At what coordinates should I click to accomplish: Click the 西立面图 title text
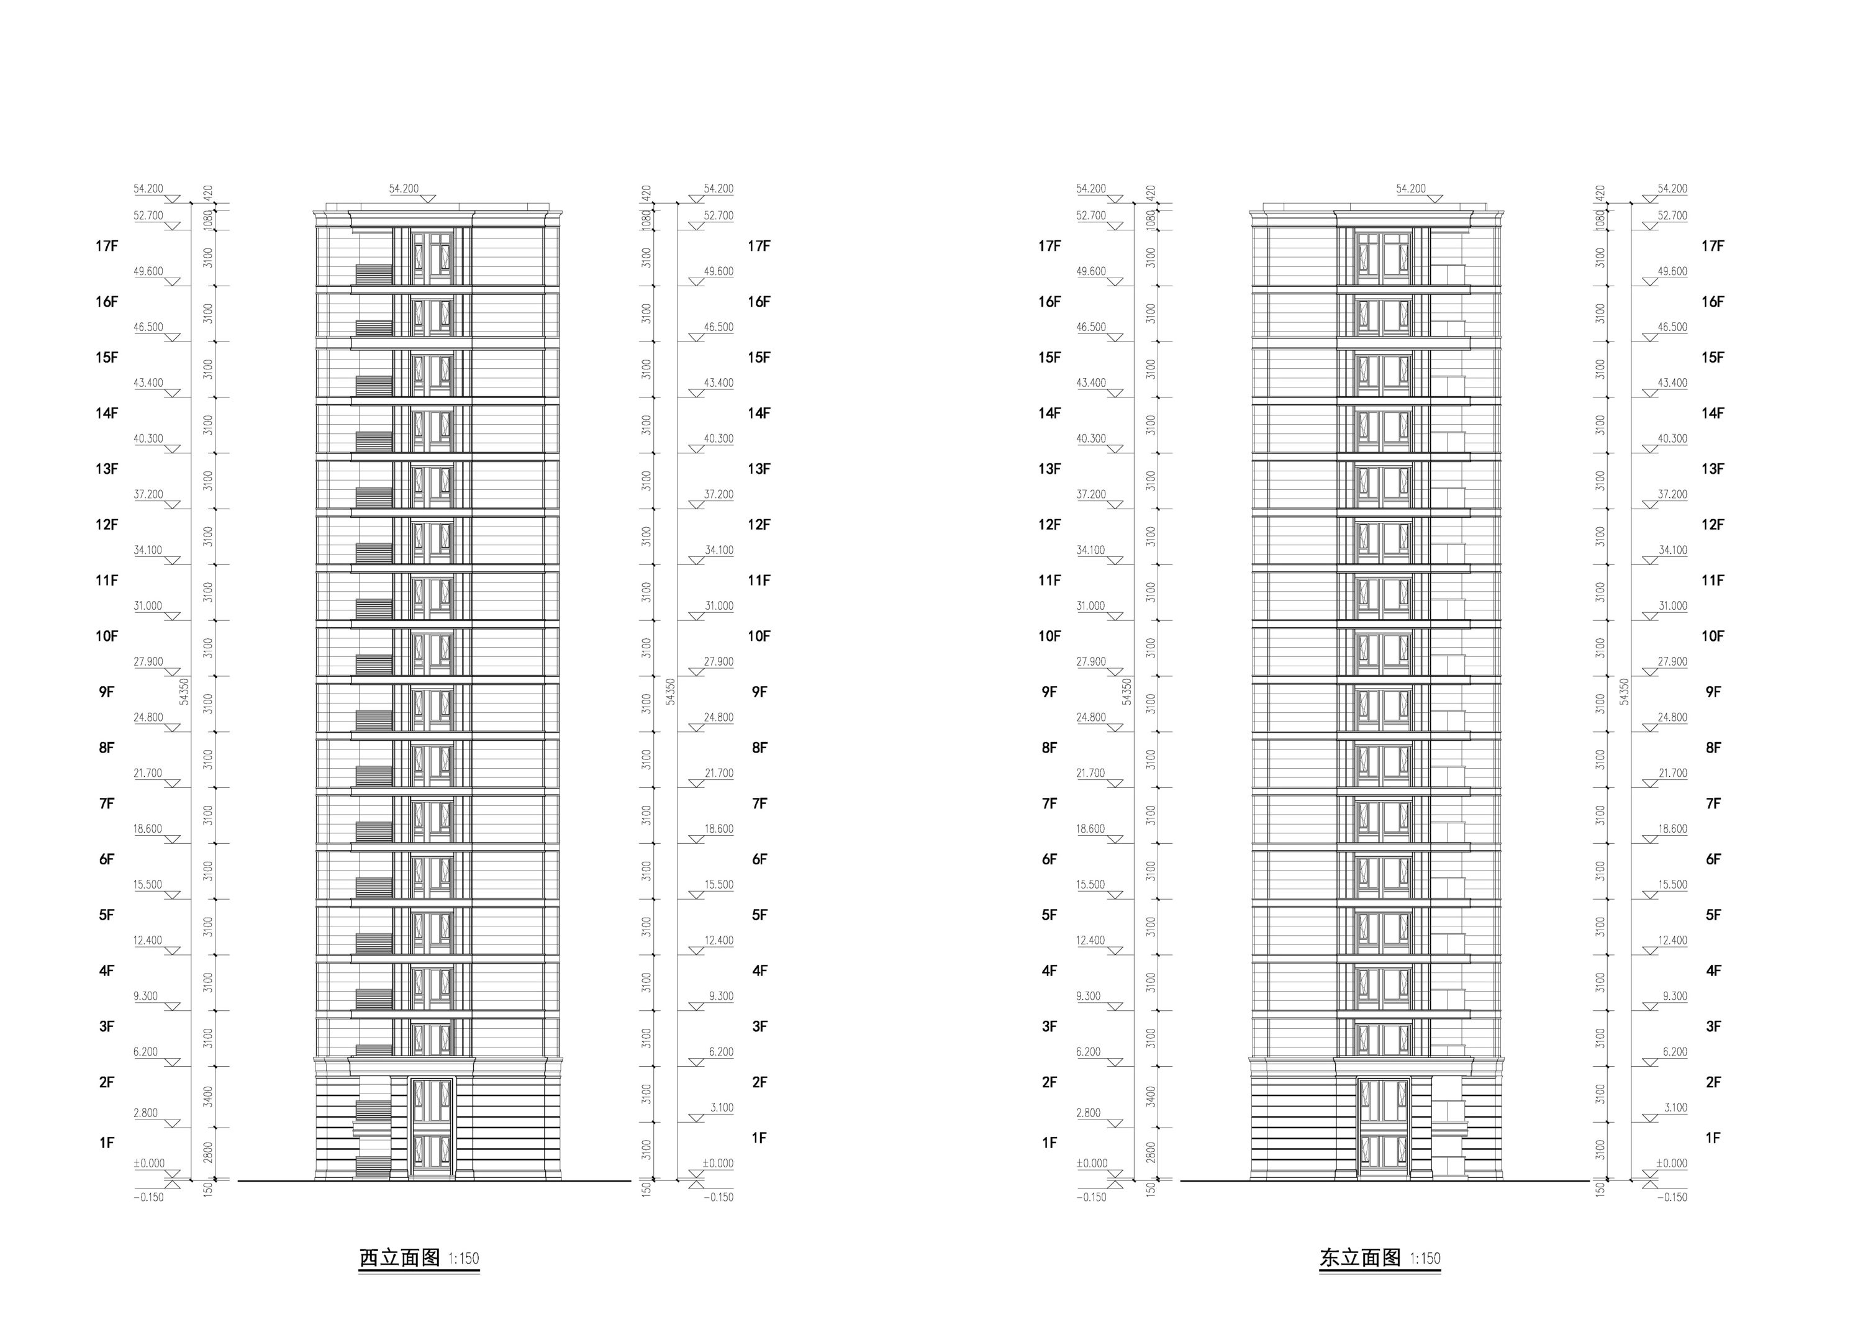pos(399,1258)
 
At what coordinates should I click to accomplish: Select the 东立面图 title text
pos(1360,1258)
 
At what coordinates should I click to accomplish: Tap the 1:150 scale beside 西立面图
pos(463,1259)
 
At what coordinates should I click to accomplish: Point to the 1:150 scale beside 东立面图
pos(1425,1259)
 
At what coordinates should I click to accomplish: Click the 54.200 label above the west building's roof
pos(404,188)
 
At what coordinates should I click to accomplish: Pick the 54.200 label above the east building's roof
pos(1411,188)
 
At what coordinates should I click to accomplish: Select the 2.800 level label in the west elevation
pos(146,1113)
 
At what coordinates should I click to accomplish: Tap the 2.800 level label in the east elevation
pos(1089,1113)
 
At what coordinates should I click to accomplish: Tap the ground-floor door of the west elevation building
pos(432,1128)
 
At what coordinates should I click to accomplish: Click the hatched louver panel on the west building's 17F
pos(374,274)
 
